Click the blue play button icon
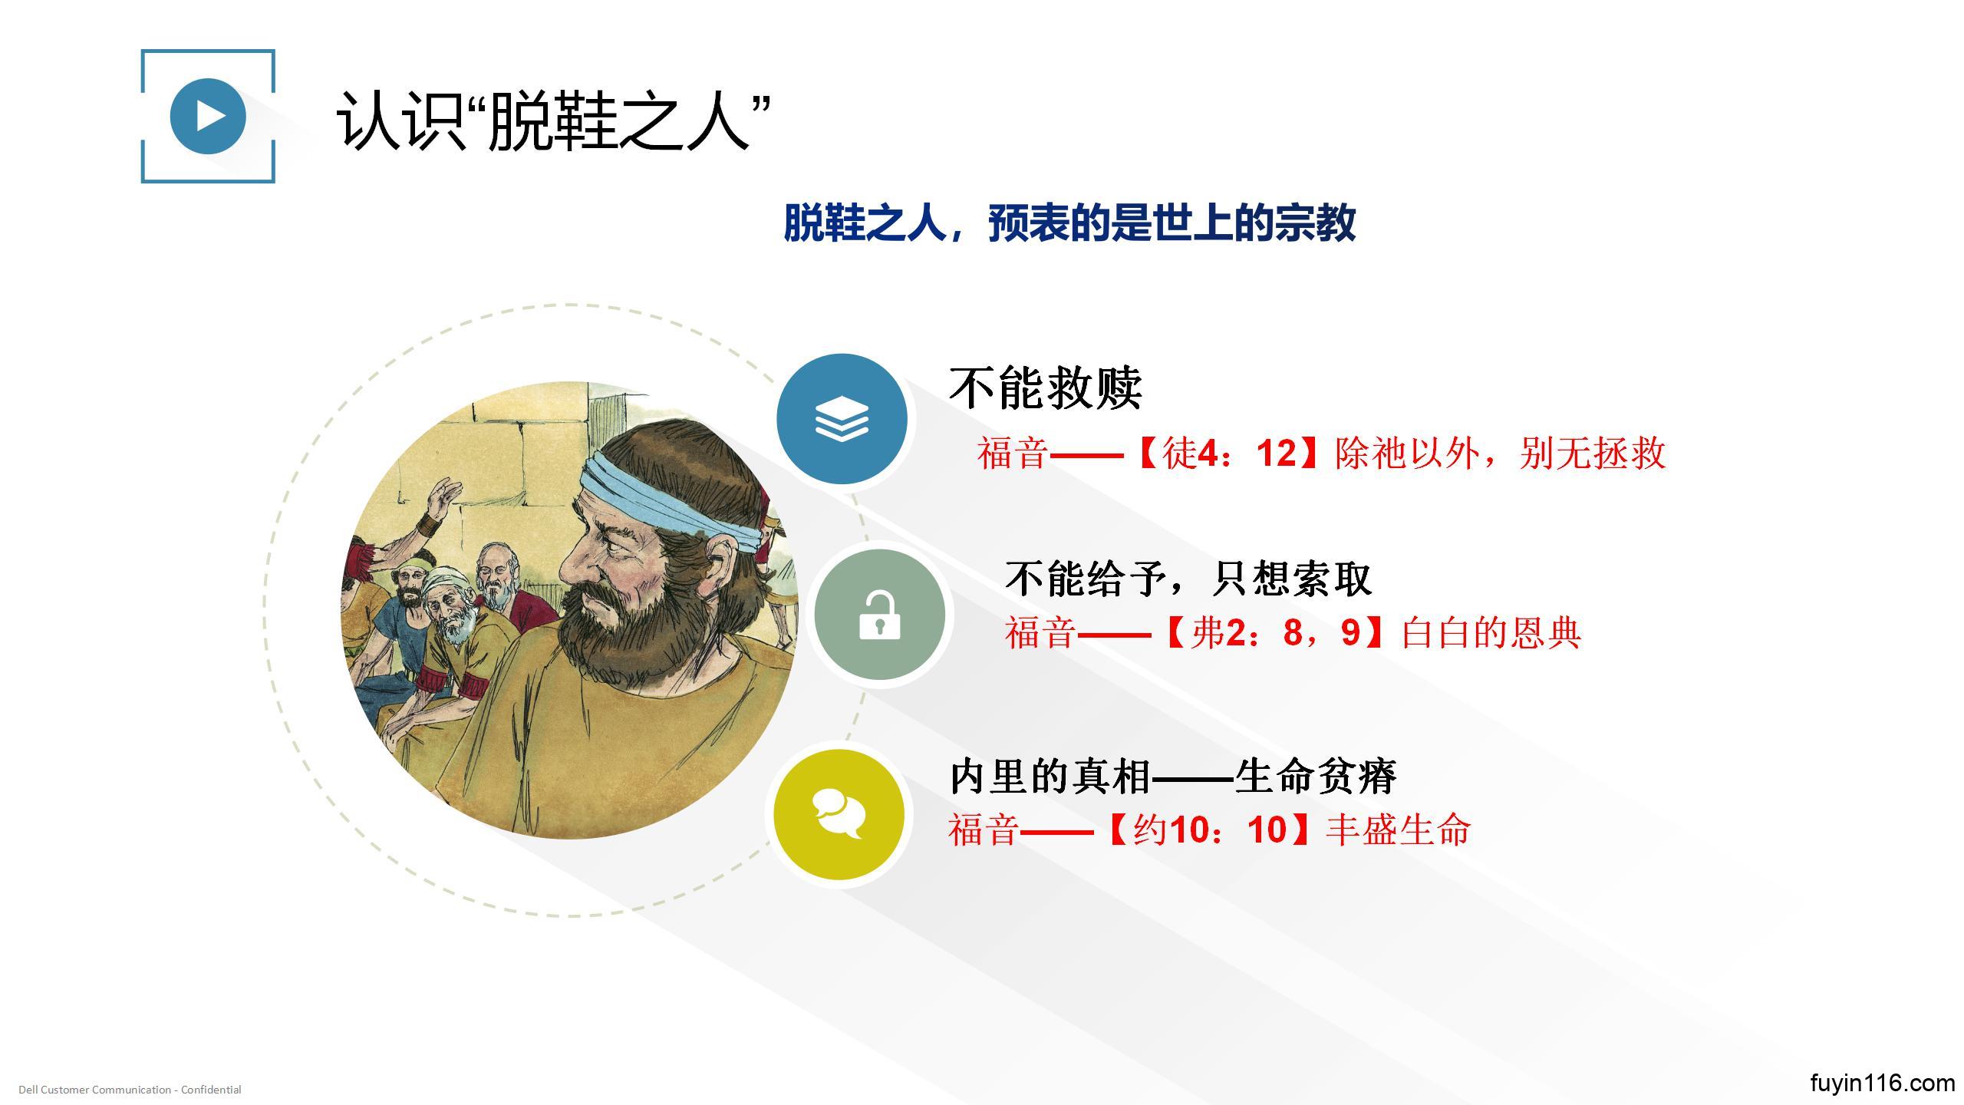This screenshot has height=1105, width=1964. pos(207,116)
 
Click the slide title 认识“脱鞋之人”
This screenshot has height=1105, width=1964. pos(553,120)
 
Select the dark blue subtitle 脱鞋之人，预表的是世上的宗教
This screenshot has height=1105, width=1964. pos(1069,223)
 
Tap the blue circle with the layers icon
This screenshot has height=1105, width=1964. pos(842,419)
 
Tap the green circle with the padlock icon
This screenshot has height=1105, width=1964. pos(879,615)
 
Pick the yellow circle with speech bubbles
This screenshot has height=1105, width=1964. pos(839,815)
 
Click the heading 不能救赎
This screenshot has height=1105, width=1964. pos(1046,388)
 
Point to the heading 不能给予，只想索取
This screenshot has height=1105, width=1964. pos(1188,578)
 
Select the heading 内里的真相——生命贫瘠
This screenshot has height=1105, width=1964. pos(1173,776)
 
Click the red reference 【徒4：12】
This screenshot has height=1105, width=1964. pos(1225,453)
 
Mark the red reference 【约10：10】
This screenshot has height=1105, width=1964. pos(1209,830)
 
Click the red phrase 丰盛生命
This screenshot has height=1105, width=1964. pos(1399,830)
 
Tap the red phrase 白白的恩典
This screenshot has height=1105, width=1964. pos(1491,633)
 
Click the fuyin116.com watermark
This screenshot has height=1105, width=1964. pos(1882,1083)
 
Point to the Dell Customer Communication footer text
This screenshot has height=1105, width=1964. pos(130,1090)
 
